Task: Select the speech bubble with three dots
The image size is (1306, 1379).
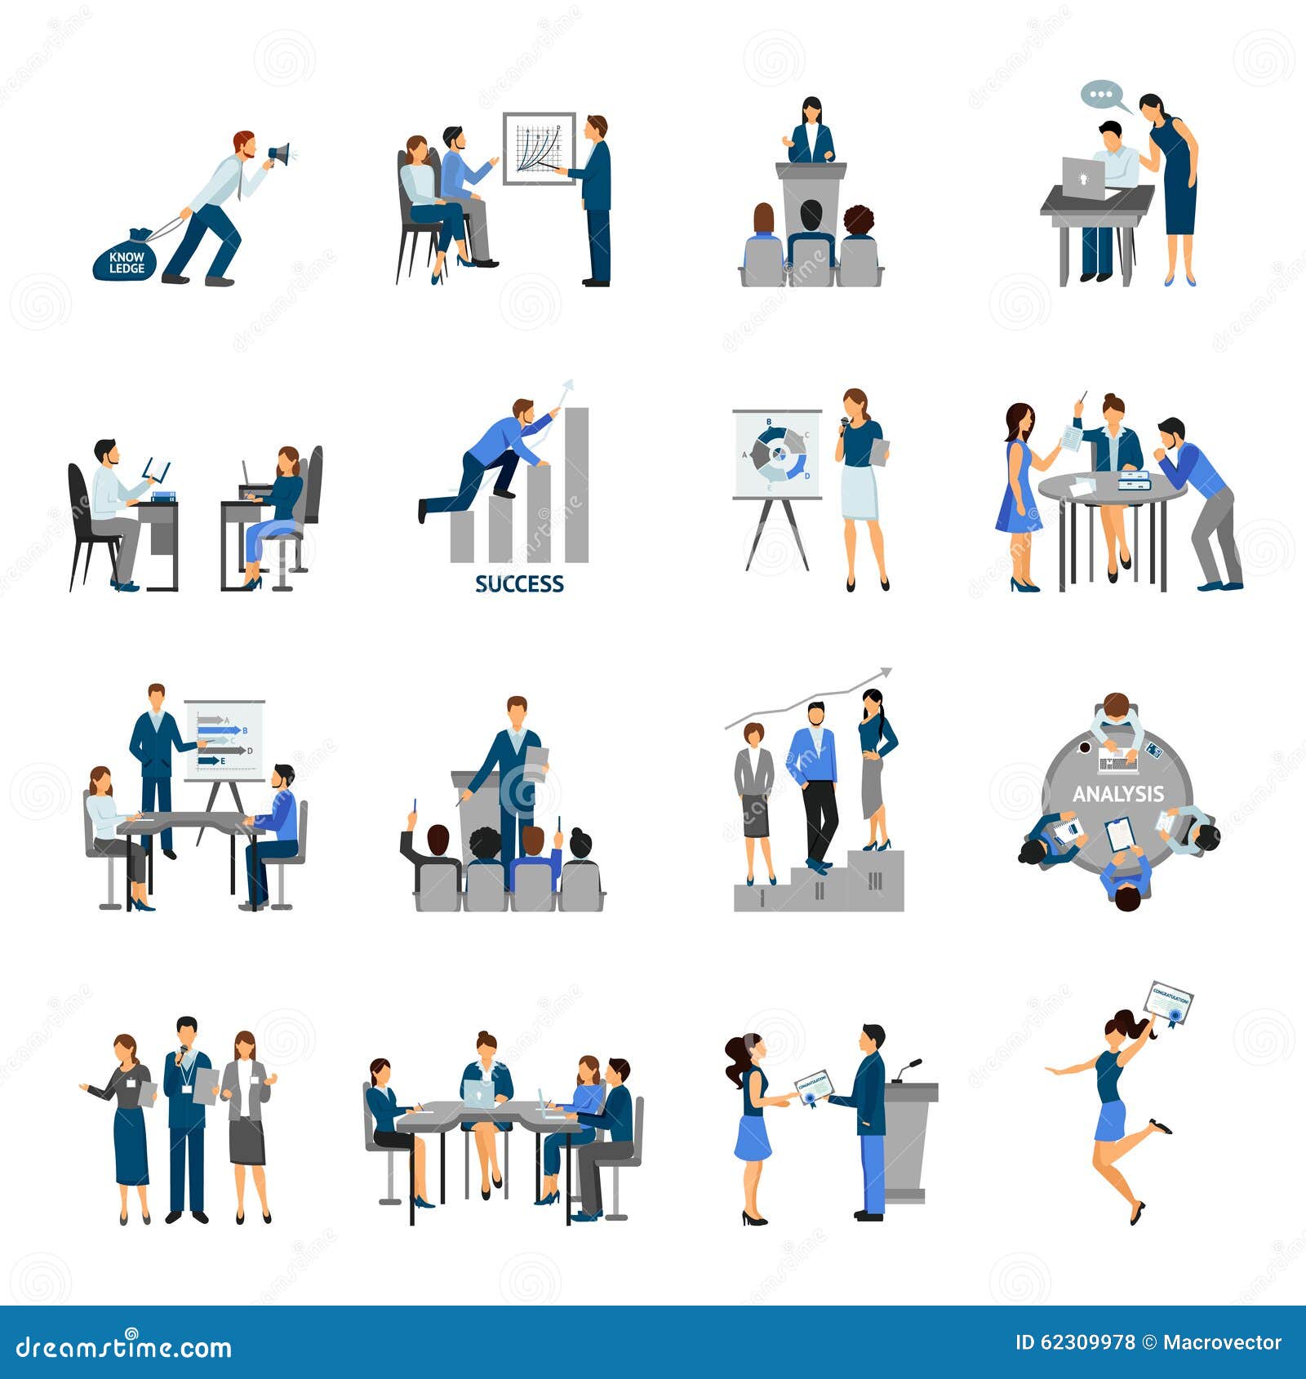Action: click(x=1101, y=95)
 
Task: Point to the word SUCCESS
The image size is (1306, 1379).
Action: click(x=519, y=584)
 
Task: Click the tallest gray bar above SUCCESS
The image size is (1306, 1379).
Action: click(x=576, y=485)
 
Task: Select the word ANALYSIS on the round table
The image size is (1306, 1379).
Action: click(x=1117, y=794)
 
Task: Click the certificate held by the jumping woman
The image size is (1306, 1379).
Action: click(x=1169, y=1003)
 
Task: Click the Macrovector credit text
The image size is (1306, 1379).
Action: click(x=1222, y=1342)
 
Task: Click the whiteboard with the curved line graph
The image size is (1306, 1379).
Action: click(x=539, y=148)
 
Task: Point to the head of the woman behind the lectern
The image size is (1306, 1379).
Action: click(x=811, y=109)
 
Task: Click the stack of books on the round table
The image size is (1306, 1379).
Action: click(x=1134, y=481)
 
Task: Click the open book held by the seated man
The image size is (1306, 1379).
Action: click(x=156, y=469)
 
